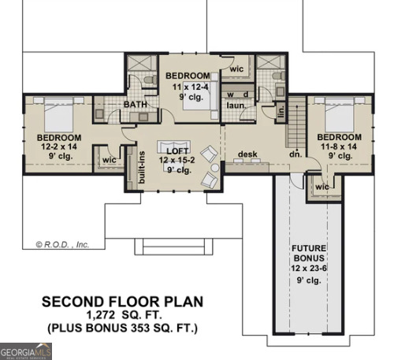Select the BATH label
tap(136, 105)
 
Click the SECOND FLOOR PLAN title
tap(122, 301)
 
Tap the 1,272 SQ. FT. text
tap(122, 314)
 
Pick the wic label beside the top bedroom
tap(236, 69)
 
